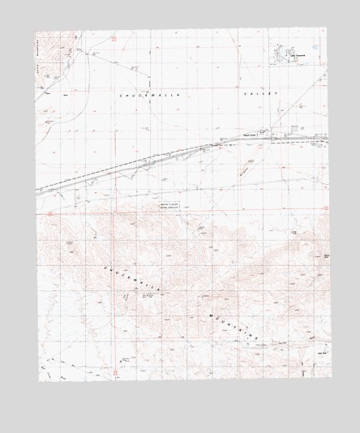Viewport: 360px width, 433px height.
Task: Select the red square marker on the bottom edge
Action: [115, 373]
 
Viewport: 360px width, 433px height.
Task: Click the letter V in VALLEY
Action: [242, 94]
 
